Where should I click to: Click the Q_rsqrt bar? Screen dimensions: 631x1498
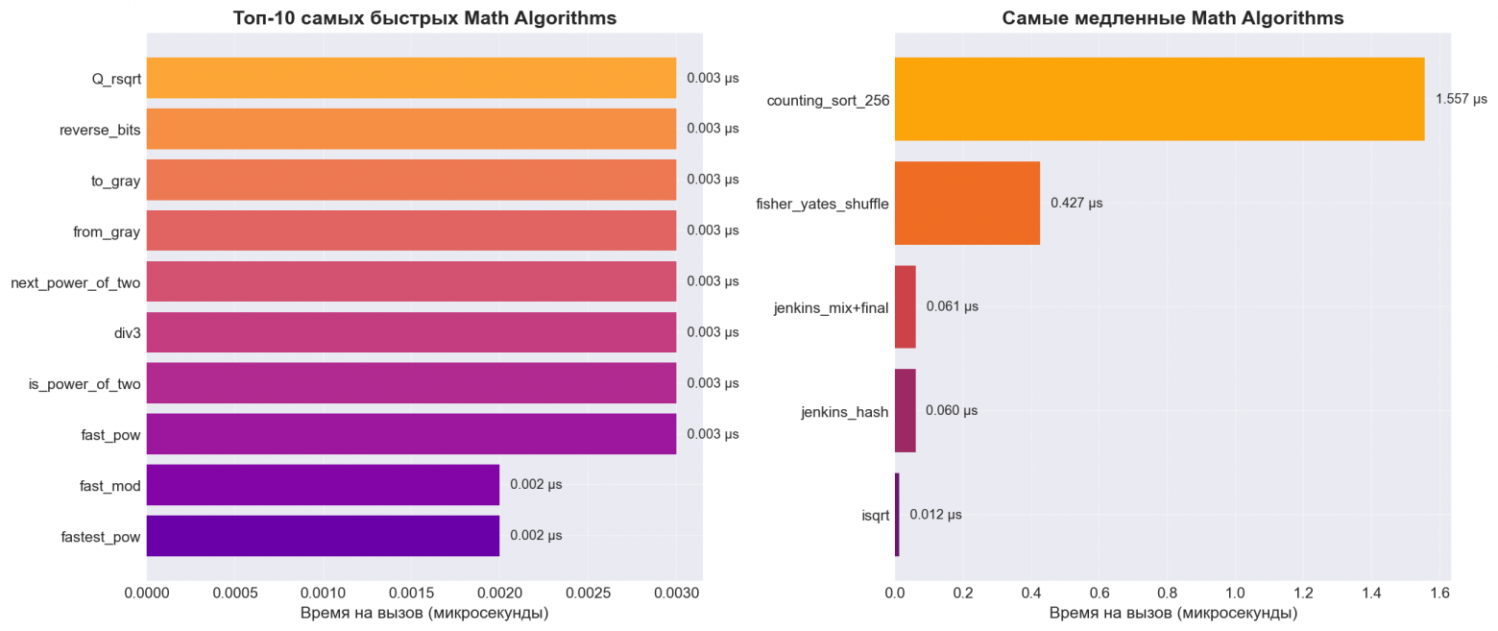(x=411, y=78)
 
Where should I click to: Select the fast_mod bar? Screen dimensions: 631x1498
(x=323, y=485)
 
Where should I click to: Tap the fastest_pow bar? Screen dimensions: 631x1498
(x=323, y=536)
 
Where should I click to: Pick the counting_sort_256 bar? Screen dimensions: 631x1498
(x=1159, y=99)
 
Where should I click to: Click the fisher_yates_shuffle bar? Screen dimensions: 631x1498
(x=967, y=203)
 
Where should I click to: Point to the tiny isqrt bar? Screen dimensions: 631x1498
(x=897, y=515)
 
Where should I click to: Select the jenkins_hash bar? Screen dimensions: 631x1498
(x=905, y=411)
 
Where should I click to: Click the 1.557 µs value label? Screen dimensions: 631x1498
(x=1461, y=99)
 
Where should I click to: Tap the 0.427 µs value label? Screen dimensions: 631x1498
(x=1076, y=203)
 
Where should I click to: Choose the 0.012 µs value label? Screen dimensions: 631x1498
(x=935, y=515)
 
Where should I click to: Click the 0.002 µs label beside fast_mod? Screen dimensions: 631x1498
(x=536, y=485)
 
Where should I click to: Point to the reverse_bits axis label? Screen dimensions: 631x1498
(x=100, y=129)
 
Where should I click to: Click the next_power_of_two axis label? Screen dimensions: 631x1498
(x=76, y=282)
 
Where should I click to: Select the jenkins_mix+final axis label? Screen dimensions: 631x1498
(x=831, y=307)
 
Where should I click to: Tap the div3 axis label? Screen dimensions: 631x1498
(x=127, y=333)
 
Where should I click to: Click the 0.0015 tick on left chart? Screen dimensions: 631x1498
(x=411, y=595)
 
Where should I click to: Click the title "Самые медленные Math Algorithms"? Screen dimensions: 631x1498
(x=1172, y=18)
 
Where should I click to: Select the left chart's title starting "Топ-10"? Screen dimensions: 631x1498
(x=424, y=18)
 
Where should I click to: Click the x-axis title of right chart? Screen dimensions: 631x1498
(x=1172, y=613)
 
